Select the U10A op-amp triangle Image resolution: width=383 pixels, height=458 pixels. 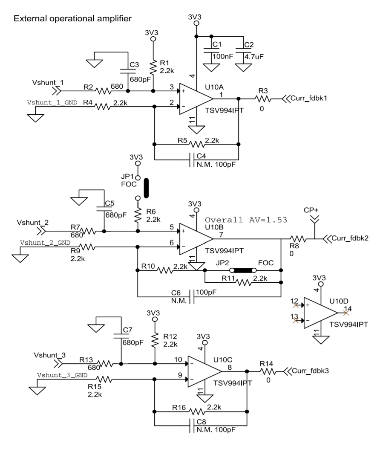[194, 99]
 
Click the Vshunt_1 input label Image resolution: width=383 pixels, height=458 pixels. [45, 82]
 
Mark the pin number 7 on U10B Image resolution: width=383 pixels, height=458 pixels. [221, 235]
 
